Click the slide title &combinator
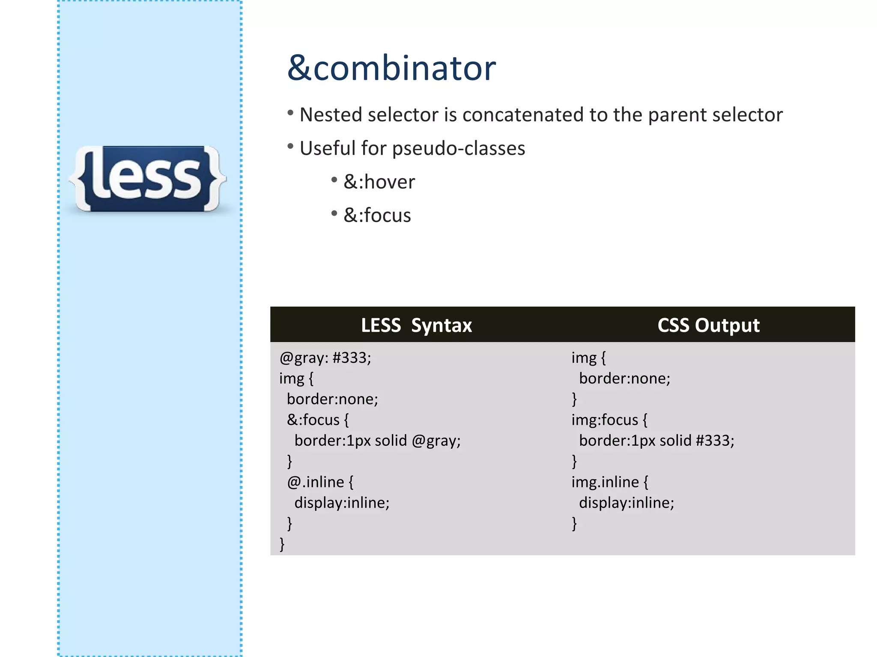pyautogui.click(x=391, y=68)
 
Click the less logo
pyautogui.click(x=147, y=179)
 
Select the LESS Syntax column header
pyautogui.click(x=416, y=326)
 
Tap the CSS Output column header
pyautogui.click(x=708, y=326)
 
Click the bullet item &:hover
pyautogui.click(x=379, y=182)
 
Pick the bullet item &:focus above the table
pyautogui.click(x=377, y=215)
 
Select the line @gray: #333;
pyautogui.click(x=325, y=358)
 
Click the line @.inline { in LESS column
pyautogui.click(x=320, y=482)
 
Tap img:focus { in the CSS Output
pyautogui.click(x=609, y=420)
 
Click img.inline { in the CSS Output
pyautogui.click(x=610, y=482)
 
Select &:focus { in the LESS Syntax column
pyautogui.click(x=318, y=420)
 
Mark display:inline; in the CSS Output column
pyautogui.click(x=626, y=503)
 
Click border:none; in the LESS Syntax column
pyautogui.click(x=332, y=399)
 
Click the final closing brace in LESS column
pyautogui.click(x=282, y=544)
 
